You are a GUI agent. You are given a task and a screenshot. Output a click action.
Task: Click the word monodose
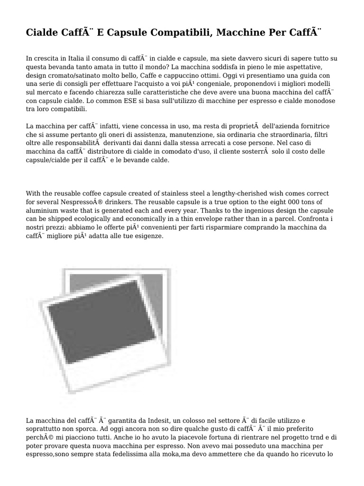pos(318,101)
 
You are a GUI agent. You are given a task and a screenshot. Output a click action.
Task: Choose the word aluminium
pos(44,211)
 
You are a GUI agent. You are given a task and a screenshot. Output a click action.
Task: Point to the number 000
pos(298,202)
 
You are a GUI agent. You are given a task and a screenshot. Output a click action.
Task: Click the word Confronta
pos(312,219)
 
